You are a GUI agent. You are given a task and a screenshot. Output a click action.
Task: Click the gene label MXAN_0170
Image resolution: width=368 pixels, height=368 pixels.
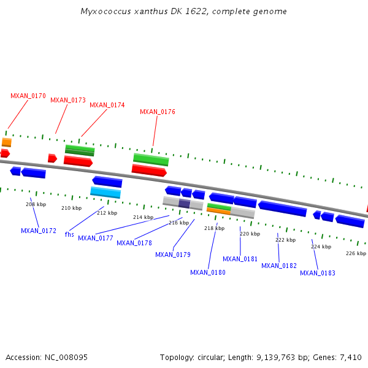28,96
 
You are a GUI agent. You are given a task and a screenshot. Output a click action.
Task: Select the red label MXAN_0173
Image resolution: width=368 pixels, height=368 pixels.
68,100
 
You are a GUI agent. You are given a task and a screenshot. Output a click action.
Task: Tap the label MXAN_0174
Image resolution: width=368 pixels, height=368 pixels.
107,105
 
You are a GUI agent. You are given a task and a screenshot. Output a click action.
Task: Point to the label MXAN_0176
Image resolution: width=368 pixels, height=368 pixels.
158,112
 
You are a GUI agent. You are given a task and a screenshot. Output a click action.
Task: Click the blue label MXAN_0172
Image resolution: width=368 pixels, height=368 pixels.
39,231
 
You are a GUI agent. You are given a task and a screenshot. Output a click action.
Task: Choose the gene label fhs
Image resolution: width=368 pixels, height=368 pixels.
69,234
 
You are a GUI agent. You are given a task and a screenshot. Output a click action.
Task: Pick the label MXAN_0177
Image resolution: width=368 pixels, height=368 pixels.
96,238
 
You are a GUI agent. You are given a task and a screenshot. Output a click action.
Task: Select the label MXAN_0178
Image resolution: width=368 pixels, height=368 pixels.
134,243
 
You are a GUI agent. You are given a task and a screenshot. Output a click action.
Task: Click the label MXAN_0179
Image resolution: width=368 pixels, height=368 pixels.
173,255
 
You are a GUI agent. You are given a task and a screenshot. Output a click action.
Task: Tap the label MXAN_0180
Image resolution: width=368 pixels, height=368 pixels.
208,272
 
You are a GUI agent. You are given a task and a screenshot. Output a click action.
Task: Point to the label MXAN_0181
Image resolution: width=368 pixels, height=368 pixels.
240,259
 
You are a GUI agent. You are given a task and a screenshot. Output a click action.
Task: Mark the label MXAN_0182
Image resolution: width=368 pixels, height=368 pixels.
279,266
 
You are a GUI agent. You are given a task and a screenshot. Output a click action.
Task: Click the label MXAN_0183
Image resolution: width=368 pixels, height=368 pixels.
318,273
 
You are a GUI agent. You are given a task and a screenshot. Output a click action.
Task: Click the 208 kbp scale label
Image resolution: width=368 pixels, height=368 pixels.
36,204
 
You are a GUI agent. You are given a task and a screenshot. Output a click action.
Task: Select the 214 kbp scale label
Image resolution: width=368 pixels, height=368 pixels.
143,217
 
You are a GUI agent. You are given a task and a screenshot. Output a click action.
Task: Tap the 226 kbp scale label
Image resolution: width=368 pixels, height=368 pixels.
356,253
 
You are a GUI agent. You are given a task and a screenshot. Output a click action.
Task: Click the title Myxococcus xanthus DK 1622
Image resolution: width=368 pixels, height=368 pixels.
184,12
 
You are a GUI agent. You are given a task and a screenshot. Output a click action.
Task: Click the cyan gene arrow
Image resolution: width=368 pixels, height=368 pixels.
105,193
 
